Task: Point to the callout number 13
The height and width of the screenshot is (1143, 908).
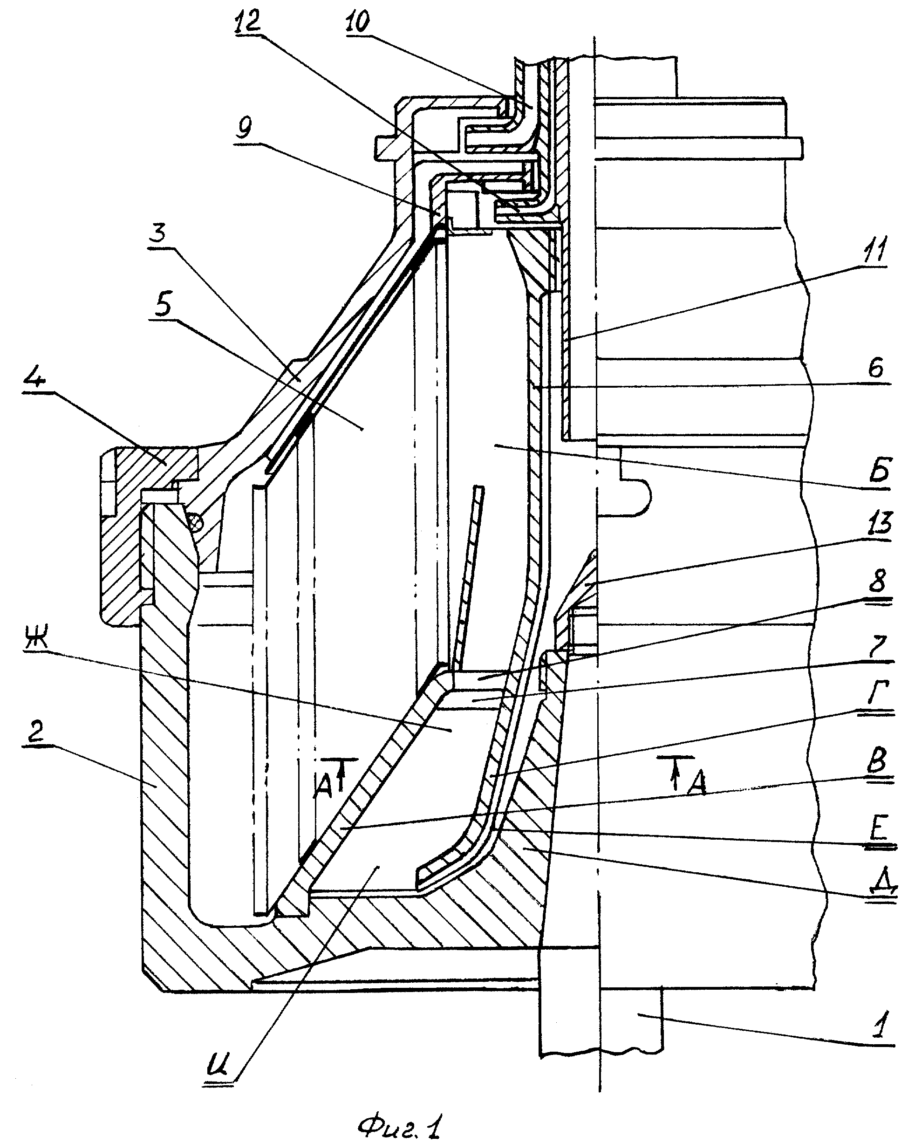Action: click(877, 524)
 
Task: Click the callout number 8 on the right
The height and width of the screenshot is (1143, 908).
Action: click(878, 582)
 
